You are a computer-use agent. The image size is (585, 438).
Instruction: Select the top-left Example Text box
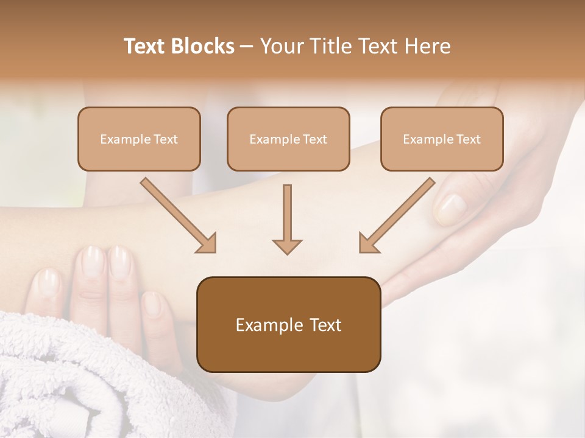pyautogui.click(x=139, y=139)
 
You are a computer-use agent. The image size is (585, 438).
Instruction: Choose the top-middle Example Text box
pyautogui.click(x=288, y=139)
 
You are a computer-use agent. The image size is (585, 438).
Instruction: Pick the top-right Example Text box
pyautogui.click(x=442, y=139)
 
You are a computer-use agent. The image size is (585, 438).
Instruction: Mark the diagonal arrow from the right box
pyautogui.click(x=397, y=215)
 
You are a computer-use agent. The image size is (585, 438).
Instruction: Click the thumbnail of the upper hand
pyautogui.click(x=450, y=209)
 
